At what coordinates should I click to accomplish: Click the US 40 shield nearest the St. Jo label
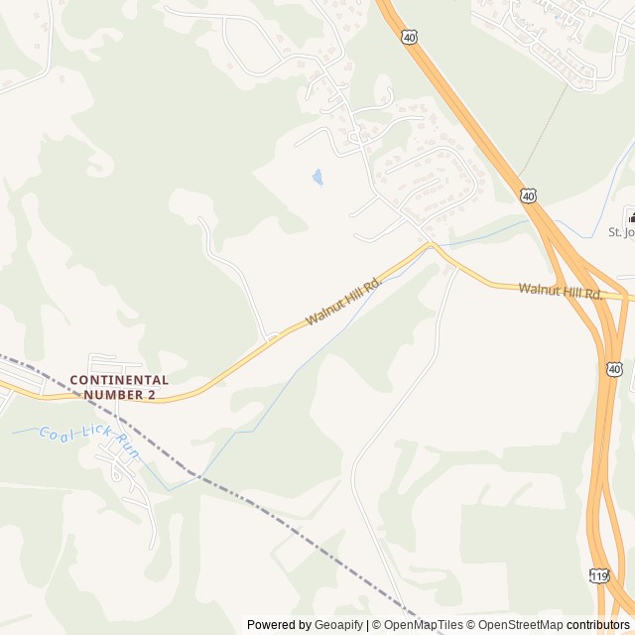pyautogui.click(x=529, y=196)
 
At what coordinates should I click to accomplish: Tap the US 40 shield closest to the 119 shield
pyautogui.click(x=615, y=369)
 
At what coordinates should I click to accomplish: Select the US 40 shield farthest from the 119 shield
pyautogui.click(x=410, y=37)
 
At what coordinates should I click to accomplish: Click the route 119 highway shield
pyautogui.click(x=598, y=575)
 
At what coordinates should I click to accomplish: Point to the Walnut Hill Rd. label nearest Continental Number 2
pyautogui.click(x=344, y=303)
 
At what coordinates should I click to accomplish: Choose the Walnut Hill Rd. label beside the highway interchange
pyautogui.click(x=561, y=292)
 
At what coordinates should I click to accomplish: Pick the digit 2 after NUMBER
pyautogui.click(x=152, y=394)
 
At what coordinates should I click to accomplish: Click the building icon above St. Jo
pyautogui.click(x=630, y=216)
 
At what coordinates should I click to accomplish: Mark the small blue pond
pyautogui.click(x=317, y=178)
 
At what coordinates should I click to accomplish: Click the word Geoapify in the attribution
pyautogui.click(x=338, y=625)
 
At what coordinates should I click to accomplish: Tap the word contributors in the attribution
pyautogui.click(x=597, y=625)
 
